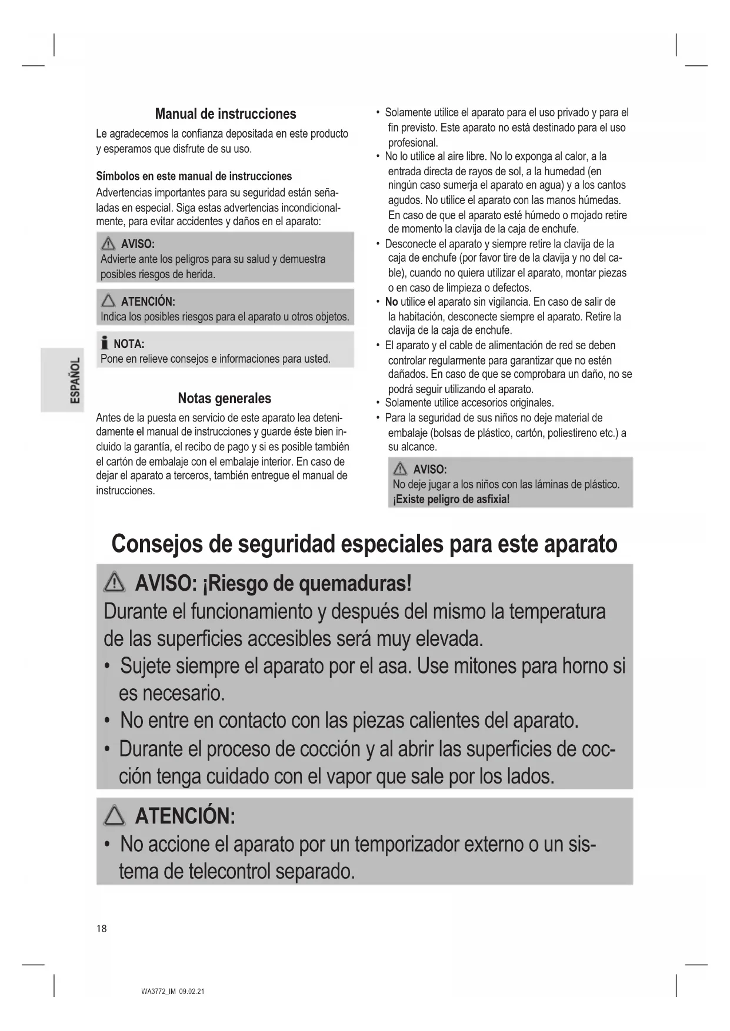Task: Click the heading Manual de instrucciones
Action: (x=225, y=114)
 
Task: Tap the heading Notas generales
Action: (x=224, y=399)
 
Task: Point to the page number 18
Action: (x=102, y=929)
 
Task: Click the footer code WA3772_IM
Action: (x=158, y=992)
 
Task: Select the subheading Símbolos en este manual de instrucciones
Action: (x=194, y=176)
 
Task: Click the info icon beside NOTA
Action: (x=105, y=343)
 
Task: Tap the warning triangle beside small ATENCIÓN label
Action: (x=108, y=302)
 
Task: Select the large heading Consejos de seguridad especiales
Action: (x=364, y=544)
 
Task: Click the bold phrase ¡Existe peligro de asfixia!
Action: (x=451, y=500)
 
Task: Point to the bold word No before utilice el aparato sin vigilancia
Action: (x=391, y=302)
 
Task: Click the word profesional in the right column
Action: (x=412, y=143)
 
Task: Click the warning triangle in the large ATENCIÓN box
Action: (x=114, y=816)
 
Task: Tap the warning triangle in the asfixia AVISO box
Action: (x=401, y=469)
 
